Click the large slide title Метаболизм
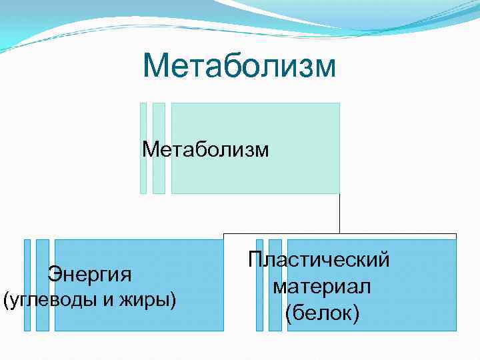239,67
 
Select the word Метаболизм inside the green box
205,149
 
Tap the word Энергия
89,273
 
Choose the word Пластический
319,260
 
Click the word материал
321,287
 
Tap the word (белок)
321,313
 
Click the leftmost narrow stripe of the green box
143,148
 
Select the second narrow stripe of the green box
159,148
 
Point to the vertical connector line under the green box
339,213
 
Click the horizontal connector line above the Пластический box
400,234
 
